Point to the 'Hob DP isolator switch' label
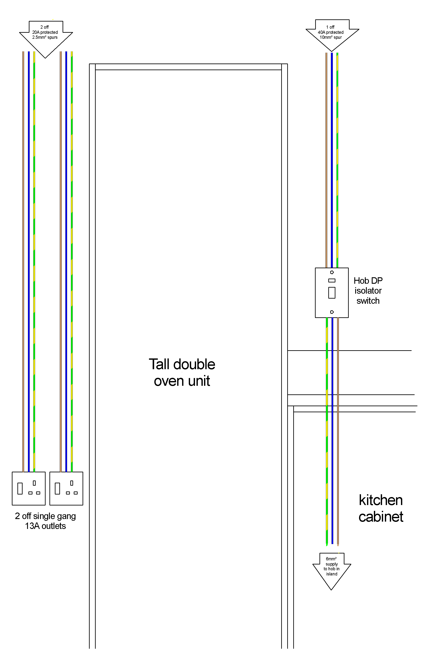tap(368, 291)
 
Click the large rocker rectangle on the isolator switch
tap(332, 293)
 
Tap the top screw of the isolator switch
tap(332, 272)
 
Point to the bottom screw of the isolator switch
tap(332, 312)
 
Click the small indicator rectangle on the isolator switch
tap(332, 280)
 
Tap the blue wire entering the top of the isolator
tap(332, 160)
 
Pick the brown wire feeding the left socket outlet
tap(23, 262)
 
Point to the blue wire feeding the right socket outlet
tap(66, 262)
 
